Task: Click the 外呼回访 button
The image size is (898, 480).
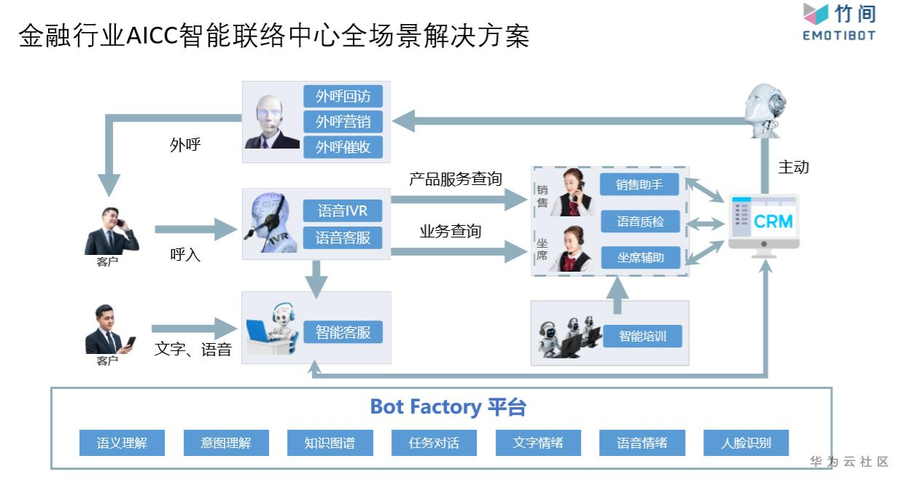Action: click(343, 96)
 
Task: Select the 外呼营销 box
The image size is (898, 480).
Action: click(343, 122)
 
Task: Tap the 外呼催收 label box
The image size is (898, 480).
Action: click(343, 146)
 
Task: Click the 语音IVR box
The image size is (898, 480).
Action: click(343, 211)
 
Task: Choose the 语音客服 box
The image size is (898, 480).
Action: click(343, 237)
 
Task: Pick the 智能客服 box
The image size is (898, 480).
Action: click(343, 332)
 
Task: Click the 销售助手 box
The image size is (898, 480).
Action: click(639, 184)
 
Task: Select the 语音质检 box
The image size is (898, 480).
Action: click(640, 221)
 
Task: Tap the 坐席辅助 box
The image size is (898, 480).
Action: click(640, 257)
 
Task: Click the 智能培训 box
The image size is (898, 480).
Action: click(642, 337)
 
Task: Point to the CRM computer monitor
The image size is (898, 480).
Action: click(764, 221)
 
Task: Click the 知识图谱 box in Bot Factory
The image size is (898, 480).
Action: click(329, 443)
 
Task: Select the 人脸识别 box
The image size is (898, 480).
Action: click(746, 443)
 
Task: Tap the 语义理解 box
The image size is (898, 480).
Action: click(122, 443)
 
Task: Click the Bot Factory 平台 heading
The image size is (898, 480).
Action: click(448, 406)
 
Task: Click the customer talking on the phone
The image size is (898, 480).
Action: click(111, 231)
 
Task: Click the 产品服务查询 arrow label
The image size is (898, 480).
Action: click(455, 179)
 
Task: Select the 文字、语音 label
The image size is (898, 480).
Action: click(192, 350)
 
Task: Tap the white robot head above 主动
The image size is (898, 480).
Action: click(762, 109)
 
